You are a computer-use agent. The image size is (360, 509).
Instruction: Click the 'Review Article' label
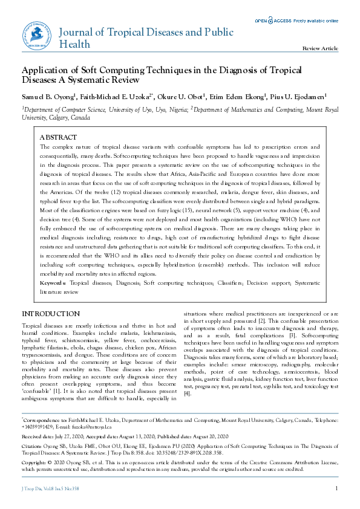pos(320,48)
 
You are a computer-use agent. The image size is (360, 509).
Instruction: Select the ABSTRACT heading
pos(58,137)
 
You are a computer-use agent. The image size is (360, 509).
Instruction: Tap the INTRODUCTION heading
pos(51,314)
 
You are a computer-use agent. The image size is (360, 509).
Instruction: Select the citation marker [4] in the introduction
pos(188,394)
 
